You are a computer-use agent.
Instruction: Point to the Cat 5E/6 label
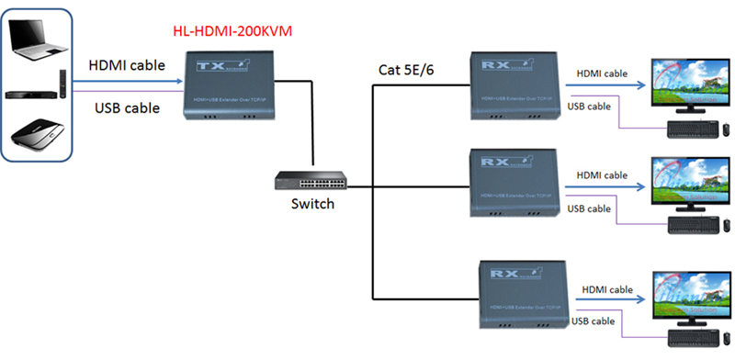coord(409,69)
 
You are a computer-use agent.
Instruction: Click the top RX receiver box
coord(514,84)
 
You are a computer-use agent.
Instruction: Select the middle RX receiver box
coord(514,184)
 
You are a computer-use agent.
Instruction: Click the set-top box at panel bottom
coord(37,138)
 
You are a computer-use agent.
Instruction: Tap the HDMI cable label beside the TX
coord(127,66)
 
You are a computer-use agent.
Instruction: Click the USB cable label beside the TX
coord(127,108)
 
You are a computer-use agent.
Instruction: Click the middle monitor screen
coord(686,179)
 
